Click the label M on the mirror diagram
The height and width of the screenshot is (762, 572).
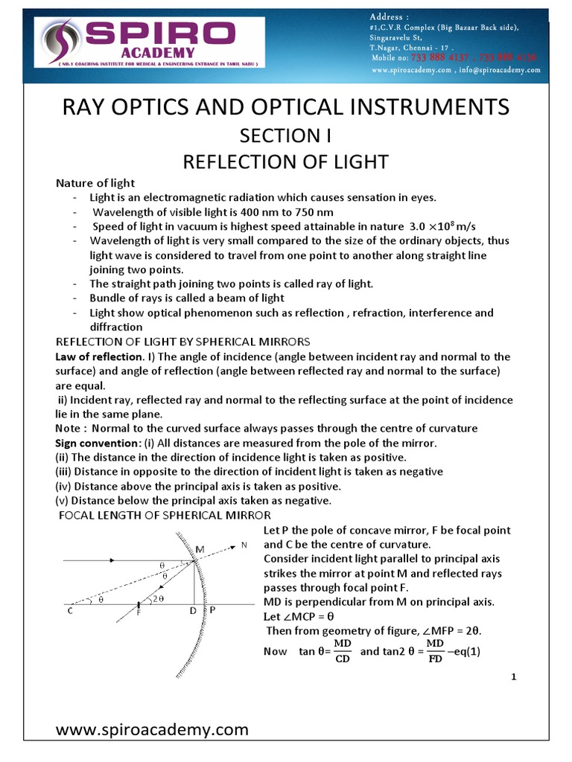coord(200,549)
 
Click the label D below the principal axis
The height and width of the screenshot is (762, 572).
coord(192,611)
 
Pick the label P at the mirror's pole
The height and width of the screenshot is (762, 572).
coord(212,609)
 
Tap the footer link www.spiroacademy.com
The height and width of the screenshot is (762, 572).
coord(153,729)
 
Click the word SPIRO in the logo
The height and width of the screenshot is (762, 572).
coord(159,34)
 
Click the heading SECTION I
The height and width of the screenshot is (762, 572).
coord(285,136)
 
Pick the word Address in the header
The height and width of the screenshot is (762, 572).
coord(387,16)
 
